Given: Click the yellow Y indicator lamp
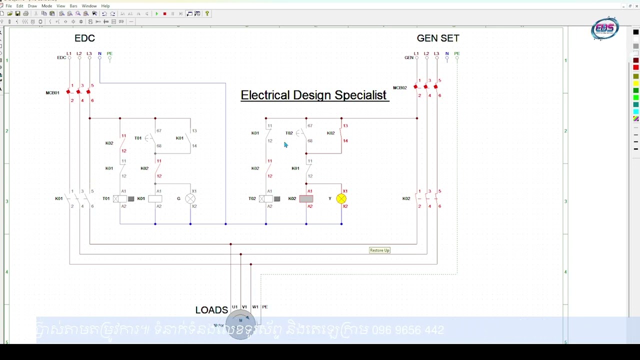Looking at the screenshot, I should [341, 199].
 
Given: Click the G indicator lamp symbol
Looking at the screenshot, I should [190, 199].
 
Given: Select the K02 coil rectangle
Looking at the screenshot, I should [306, 199].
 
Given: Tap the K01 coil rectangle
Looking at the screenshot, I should [155, 199].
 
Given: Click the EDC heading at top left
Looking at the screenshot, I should [84, 38].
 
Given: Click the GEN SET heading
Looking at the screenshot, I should [438, 38].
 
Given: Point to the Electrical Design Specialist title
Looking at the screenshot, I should [313, 95].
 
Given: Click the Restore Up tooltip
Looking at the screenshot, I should [379, 250].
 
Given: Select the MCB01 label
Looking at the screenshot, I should [52, 93].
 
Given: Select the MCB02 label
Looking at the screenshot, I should [400, 88].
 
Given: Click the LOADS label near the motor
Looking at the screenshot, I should [211, 310].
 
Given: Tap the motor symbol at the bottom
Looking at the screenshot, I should [241, 323].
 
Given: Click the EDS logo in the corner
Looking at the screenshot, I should [605, 28].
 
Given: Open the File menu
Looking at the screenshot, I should [9, 6].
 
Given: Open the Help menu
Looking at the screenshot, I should [105, 6].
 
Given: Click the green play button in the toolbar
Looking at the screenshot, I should [156, 14].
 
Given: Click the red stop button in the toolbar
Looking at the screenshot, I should [164, 14].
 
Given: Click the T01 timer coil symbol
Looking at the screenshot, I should [120, 199].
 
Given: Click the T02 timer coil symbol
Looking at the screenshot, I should [266, 199].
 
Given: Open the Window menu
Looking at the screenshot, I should [89, 6].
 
